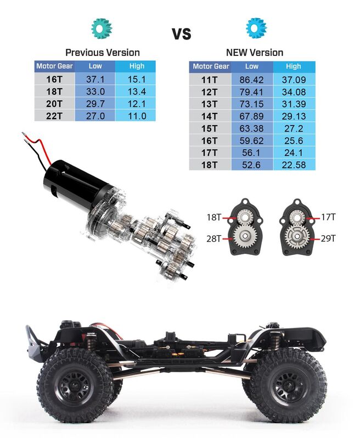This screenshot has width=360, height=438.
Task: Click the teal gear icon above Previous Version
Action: [x=102, y=28]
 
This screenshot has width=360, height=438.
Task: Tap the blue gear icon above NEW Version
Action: [x=256, y=28]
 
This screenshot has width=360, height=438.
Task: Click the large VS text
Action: [x=182, y=34]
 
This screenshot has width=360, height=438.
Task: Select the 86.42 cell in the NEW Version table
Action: [x=251, y=80]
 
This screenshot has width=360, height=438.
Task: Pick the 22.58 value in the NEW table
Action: [x=294, y=165]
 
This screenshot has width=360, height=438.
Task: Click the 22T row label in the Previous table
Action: [x=54, y=116]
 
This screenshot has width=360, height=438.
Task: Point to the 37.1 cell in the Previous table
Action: [x=95, y=79]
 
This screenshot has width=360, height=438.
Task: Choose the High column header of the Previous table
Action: [x=137, y=66]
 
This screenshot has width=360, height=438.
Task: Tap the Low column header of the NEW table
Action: [x=252, y=66]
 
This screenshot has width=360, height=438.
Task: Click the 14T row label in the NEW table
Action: [x=209, y=116]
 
